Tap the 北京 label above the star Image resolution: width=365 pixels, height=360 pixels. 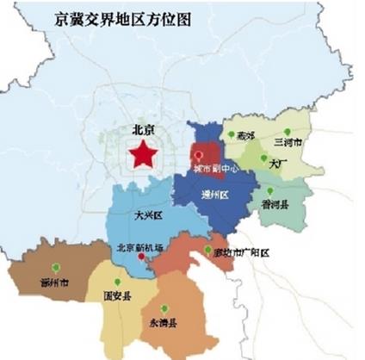[144, 131]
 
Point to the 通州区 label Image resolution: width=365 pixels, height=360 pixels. [213, 196]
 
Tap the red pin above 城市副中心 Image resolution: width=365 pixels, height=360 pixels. [198, 156]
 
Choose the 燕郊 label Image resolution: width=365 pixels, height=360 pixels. [248, 135]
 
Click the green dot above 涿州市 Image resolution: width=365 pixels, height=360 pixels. [56, 266]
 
